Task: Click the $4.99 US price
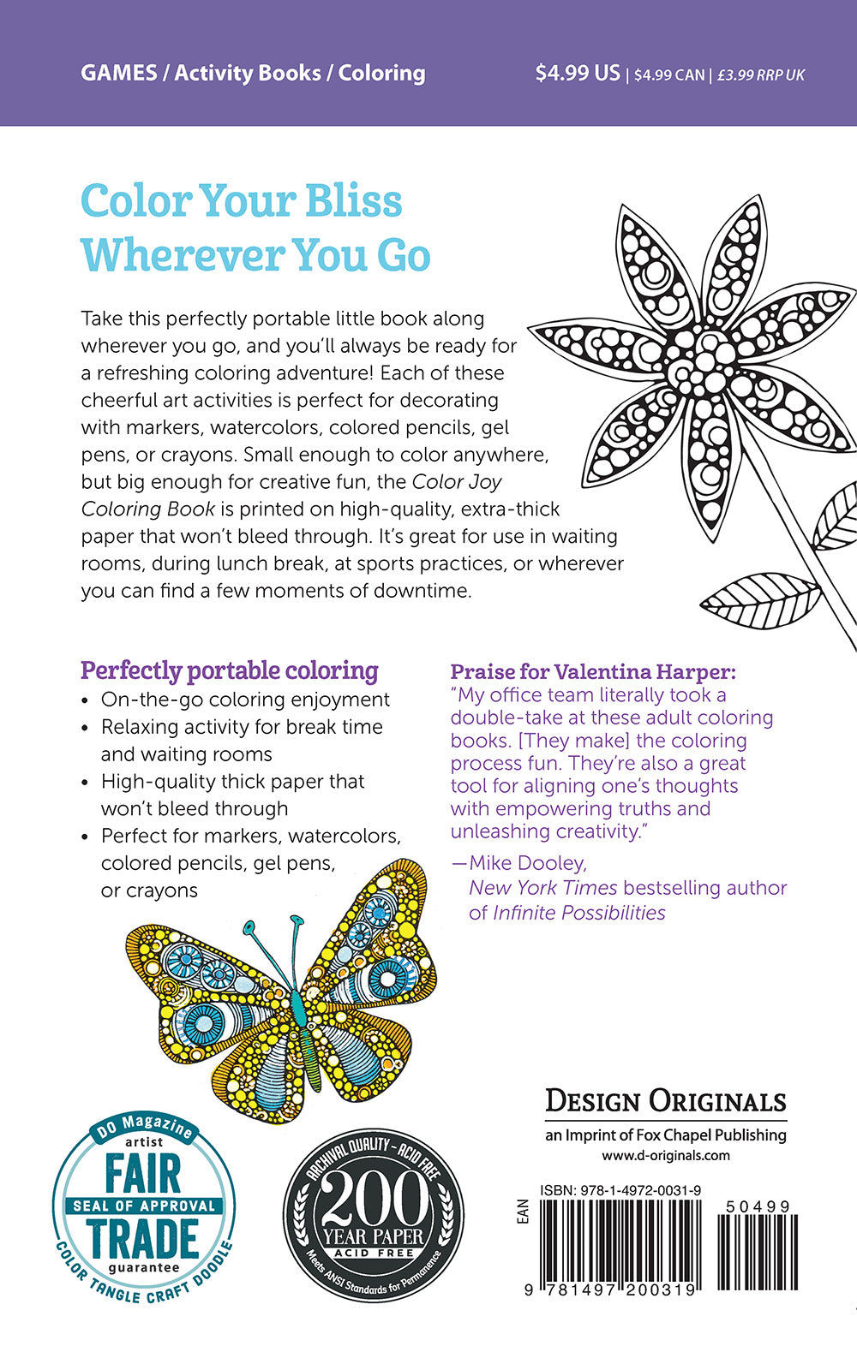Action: point(577,74)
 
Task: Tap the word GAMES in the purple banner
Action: point(118,74)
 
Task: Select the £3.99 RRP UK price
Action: point(761,75)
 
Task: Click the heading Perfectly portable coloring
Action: point(229,670)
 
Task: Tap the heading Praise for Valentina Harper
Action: point(593,672)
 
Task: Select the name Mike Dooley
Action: point(528,862)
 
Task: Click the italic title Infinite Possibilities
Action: point(579,913)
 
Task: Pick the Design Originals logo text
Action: point(666,1101)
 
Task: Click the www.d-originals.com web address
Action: point(666,1155)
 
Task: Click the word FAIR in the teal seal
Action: point(143,1174)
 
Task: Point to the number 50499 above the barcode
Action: point(758,1206)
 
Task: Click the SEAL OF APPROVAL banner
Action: point(144,1206)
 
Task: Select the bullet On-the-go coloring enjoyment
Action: point(245,700)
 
